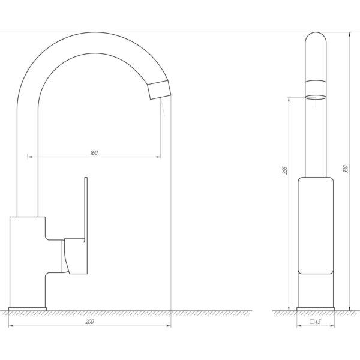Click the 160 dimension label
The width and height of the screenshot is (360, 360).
(x=94, y=152)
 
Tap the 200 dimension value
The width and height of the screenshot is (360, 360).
(x=89, y=322)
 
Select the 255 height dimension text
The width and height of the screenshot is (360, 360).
(x=285, y=170)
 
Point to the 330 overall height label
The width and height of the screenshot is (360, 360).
(x=346, y=169)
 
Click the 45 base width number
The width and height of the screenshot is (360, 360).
(x=318, y=322)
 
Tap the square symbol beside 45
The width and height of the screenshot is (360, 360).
(x=312, y=322)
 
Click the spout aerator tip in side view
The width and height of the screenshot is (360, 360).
(x=159, y=90)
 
